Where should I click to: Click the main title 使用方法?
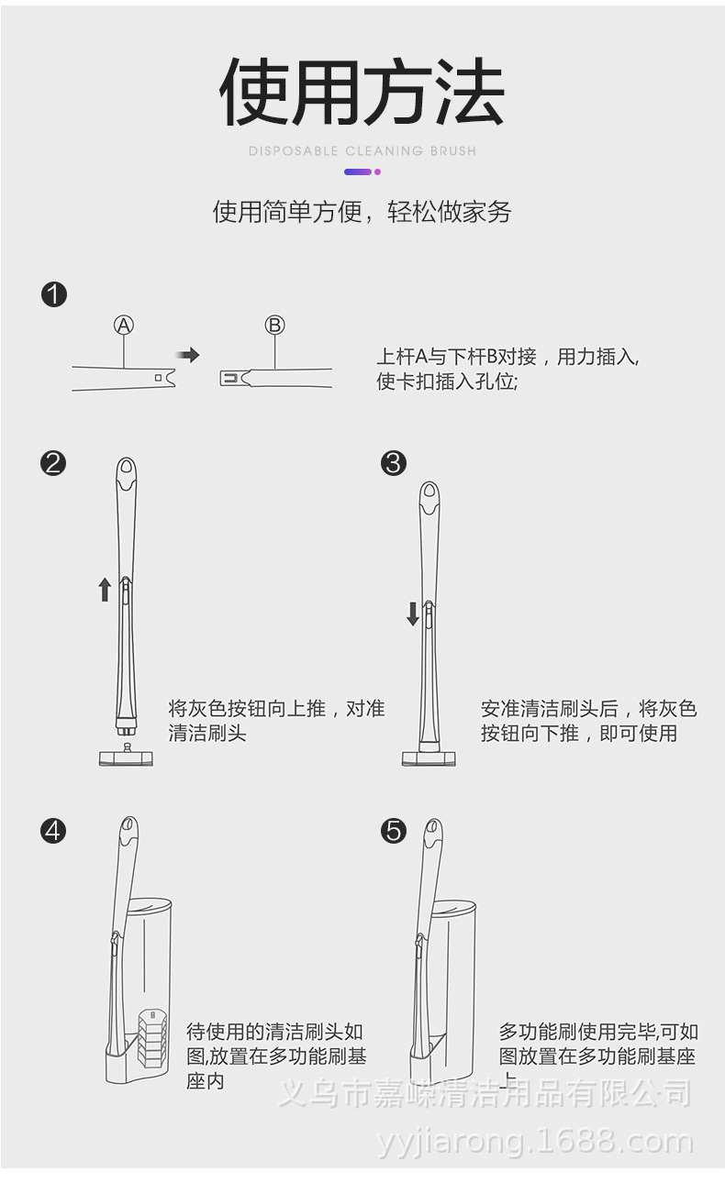coord(362,93)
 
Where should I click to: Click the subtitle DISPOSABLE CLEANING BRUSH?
coord(362,150)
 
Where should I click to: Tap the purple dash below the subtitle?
coord(358,171)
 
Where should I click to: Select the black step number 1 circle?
coord(54,294)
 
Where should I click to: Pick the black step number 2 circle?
coord(54,463)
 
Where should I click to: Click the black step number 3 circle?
coord(393,463)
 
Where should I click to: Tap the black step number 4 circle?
coord(54,831)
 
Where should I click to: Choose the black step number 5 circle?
coord(393,831)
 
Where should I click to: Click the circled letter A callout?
coord(124,325)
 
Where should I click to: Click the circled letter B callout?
coord(275,325)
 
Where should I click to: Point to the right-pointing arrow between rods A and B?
coord(187,355)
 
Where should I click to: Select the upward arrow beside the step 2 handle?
coord(105,589)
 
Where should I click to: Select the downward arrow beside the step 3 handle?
coord(413,613)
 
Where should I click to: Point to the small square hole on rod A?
coord(160,377)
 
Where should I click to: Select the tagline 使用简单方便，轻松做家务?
coord(362,213)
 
